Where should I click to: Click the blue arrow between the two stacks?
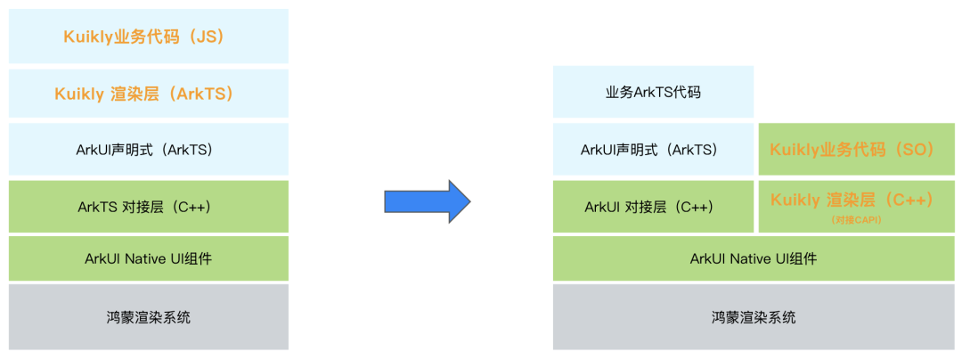[427, 202]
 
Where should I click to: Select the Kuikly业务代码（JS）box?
[149, 37]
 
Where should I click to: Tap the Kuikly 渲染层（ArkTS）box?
[149, 94]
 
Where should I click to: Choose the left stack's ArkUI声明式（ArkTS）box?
[149, 150]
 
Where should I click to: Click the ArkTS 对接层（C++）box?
[149, 207]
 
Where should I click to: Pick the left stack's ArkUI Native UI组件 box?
[149, 259]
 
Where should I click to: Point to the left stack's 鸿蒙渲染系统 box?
[149, 316]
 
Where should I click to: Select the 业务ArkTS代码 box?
[653, 92]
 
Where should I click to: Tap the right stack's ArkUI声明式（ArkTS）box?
[653, 150]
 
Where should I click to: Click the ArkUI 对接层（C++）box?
[653, 207]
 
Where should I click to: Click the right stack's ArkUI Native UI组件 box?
[754, 259]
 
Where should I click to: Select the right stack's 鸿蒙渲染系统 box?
[754, 316]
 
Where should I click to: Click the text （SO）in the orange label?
[911, 150]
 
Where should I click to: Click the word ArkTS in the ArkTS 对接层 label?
[96, 207]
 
